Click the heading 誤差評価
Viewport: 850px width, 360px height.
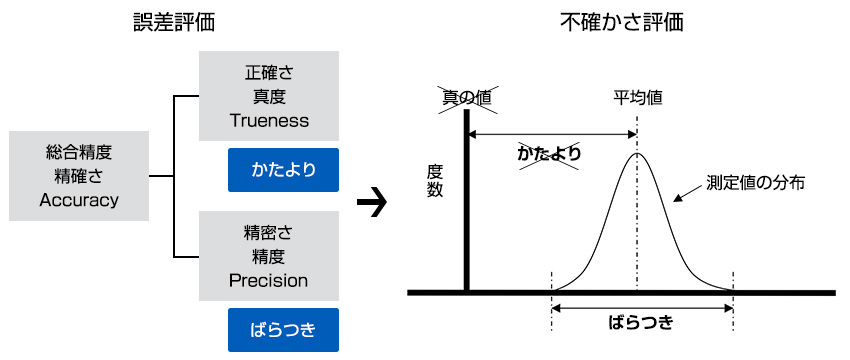point(179,21)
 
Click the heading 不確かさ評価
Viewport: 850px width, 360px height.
point(622,21)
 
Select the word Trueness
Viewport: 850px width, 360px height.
point(269,120)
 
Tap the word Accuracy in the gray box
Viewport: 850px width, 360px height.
point(79,199)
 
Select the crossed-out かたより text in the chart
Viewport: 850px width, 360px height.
point(550,154)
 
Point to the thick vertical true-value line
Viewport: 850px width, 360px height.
point(466,200)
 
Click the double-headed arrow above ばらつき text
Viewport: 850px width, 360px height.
point(641,306)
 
